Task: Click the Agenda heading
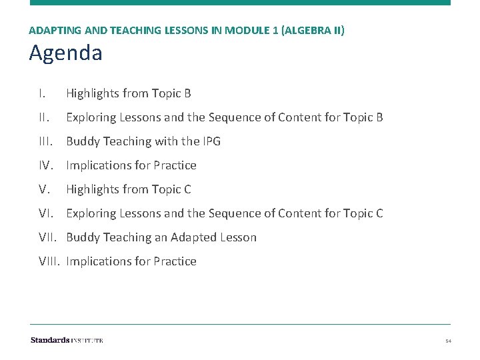[65, 53]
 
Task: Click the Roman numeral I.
[41, 93]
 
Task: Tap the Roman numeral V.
[44, 189]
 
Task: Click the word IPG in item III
[211, 141]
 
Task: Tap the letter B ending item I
[187, 93]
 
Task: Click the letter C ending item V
[187, 189]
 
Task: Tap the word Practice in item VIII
[175, 261]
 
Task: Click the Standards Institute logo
[67, 340]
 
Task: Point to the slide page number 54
[449, 341]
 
